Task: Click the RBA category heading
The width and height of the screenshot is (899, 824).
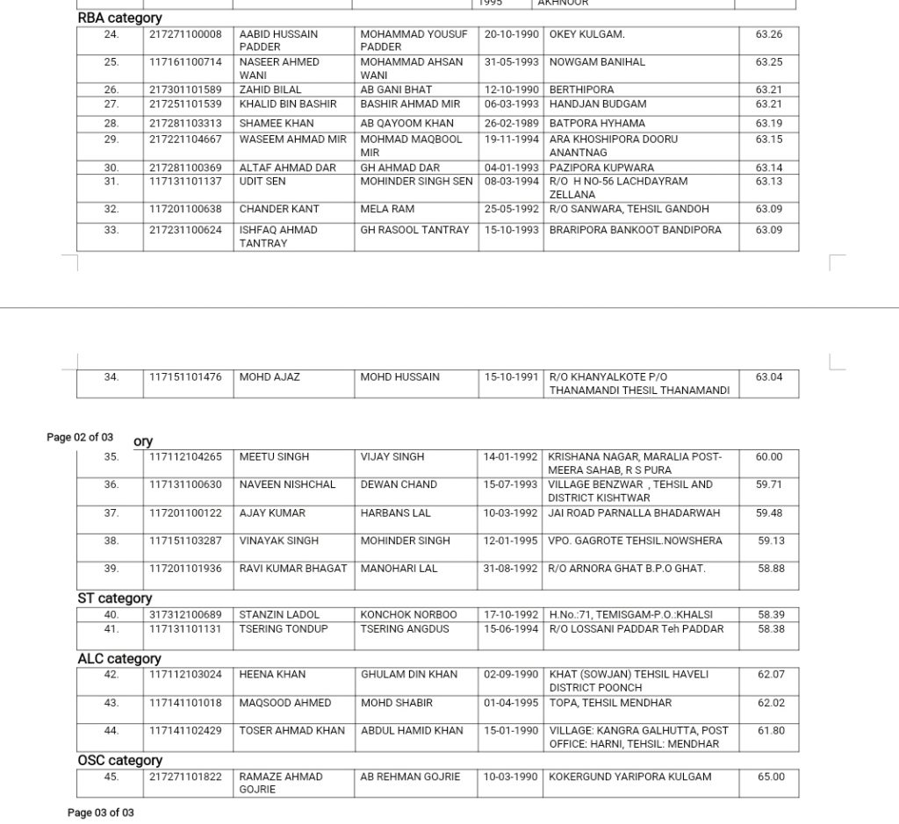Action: pyautogui.click(x=119, y=18)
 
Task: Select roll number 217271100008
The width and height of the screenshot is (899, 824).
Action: pyautogui.click(x=185, y=34)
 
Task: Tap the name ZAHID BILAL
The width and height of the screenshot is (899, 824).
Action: pyautogui.click(x=270, y=90)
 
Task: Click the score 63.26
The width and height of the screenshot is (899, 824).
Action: pyautogui.click(x=768, y=34)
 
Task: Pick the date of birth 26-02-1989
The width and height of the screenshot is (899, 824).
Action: pyautogui.click(x=511, y=123)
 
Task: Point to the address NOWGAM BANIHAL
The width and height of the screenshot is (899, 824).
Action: pyautogui.click(x=597, y=62)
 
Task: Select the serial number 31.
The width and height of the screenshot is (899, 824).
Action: pyautogui.click(x=111, y=182)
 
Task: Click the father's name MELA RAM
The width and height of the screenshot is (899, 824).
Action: pyautogui.click(x=387, y=210)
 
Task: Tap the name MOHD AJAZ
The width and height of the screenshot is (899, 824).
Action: pyautogui.click(x=270, y=377)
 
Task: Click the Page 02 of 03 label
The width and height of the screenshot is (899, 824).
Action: pyautogui.click(x=80, y=437)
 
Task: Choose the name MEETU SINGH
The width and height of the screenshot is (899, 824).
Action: pyautogui.click(x=274, y=457)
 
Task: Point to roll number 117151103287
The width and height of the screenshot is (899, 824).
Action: pyautogui.click(x=185, y=541)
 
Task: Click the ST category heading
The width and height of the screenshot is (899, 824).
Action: pyautogui.click(x=114, y=598)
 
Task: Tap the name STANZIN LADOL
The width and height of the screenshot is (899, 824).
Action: pyautogui.click(x=279, y=614)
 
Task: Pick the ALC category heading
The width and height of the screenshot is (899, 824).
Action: pyautogui.click(x=119, y=659)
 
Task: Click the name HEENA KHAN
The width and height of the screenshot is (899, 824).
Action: pyautogui.click(x=272, y=675)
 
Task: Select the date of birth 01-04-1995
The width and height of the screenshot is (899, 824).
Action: pyautogui.click(x=511, y=703)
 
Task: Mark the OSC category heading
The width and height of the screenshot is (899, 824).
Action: pyautogui.click(x=120, y=761)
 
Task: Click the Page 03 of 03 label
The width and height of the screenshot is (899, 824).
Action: pyautogui.click(x=101, y=813)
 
